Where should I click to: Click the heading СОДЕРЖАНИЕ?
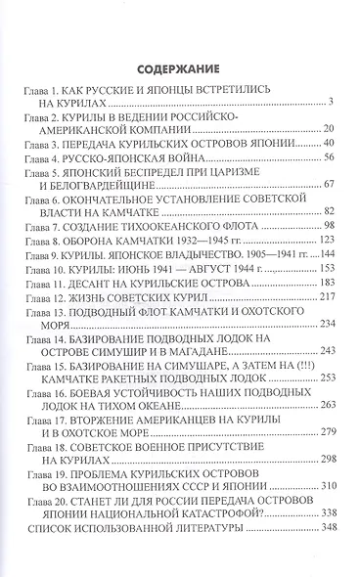click(x=179, y=69)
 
